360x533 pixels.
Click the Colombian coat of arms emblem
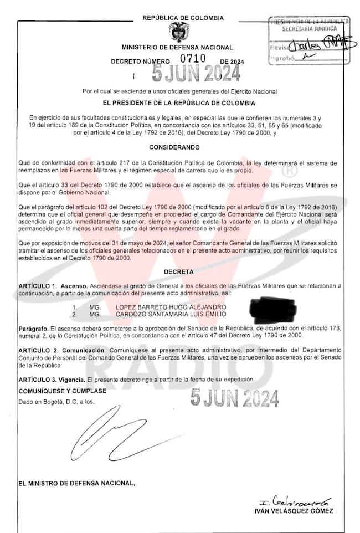click(x=179, y=33)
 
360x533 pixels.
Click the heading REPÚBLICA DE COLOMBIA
click(x=183, y=18)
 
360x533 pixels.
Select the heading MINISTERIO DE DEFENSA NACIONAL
click(x=177, y=48)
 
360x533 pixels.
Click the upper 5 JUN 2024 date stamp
click(x=196, y=72)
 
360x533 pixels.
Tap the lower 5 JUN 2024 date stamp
click(x=234, y=397)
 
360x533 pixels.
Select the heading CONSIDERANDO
click(x=179, y=148)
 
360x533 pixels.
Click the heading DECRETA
click(x=179, y=272)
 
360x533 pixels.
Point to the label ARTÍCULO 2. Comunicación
click(x=61, y=351)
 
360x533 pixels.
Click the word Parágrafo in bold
click(x=33, y=328)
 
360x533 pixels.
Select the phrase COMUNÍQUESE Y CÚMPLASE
click(x=62, y=391)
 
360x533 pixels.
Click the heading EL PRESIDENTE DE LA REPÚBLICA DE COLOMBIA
click(x=179, y=103)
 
